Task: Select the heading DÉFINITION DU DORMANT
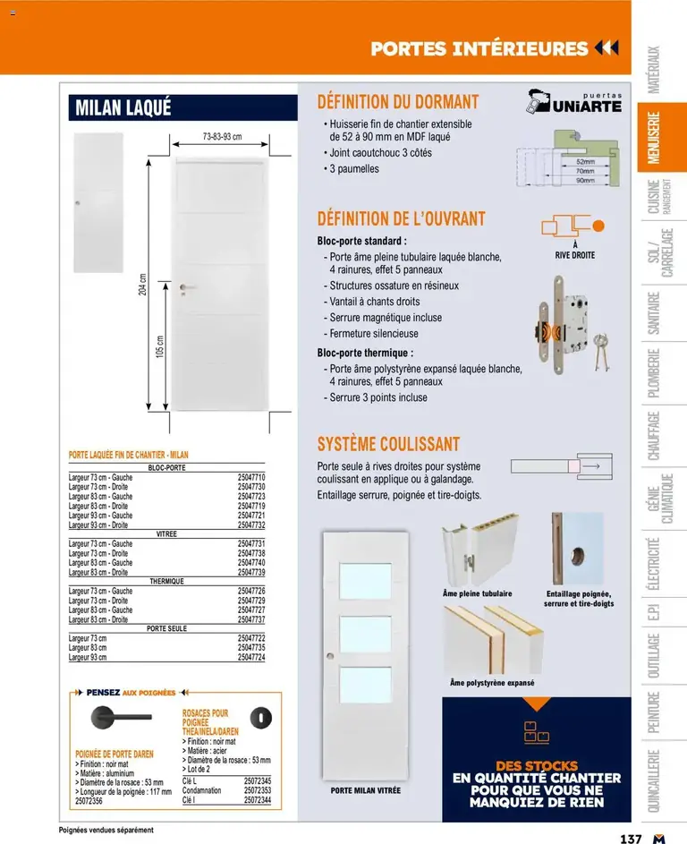tap(398, 102)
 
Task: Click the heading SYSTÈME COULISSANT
tap(388, 444)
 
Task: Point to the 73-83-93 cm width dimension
tap(222, 137)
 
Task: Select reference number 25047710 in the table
tap(251, 478)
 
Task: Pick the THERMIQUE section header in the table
tap(167, 581)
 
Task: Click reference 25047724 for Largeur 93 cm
tap(251, 657)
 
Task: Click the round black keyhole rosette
tap(260, 717)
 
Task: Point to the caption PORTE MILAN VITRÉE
tap(365, 791)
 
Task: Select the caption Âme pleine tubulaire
tap(478, 593)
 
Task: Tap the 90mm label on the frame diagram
tap(585, 180)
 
